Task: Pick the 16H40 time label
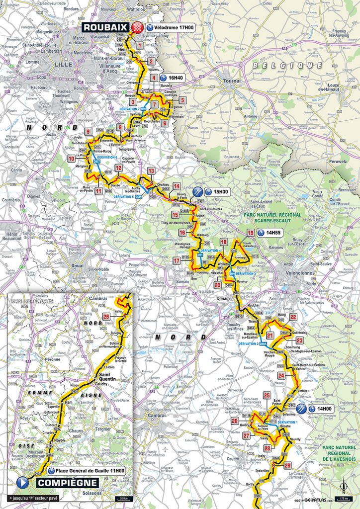(x=173, y=78)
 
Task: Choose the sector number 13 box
(x=151, y=171)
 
